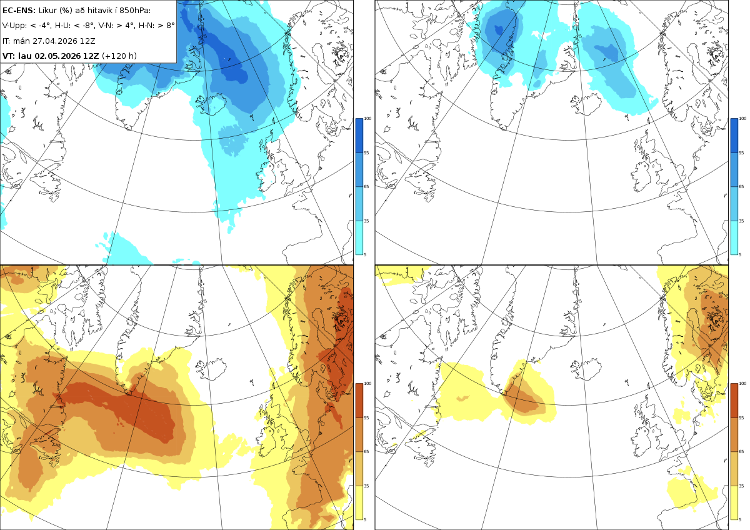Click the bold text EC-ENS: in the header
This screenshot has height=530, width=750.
[19, 11]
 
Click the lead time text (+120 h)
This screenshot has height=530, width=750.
[119, 56]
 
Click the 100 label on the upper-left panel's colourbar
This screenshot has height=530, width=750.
[367, 119]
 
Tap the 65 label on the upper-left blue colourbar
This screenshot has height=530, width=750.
[366, 186]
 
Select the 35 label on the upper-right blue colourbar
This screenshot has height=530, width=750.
[741, 221]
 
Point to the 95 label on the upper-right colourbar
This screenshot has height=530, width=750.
[741, 152]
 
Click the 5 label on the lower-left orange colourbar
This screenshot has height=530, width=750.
[365, 520]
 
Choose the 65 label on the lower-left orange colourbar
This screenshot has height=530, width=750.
[366, 452]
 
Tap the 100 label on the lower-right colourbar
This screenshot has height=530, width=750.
[742, 384]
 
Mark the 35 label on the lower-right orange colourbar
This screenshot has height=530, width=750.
[741, 486]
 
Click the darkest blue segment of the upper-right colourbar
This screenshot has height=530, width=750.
[734, 136]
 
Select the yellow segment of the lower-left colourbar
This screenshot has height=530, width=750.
[359, 502]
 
